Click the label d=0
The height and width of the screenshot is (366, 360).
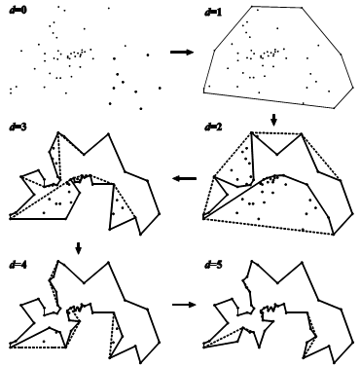click(18, 10)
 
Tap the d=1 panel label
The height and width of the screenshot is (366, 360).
click(213, 12)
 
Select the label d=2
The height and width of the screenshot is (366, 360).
click(213, 127)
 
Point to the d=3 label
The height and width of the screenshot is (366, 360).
click(18, 127)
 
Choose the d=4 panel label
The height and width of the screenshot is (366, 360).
click(18, 265)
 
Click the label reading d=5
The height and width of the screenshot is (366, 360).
click(213, 265)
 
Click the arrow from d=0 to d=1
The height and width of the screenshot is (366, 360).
click(182, 52)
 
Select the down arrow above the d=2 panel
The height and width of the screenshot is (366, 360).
click(274, 120)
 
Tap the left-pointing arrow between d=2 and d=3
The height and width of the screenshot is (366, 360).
click(185, 178)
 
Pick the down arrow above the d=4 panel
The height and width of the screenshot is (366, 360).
click(78, 248)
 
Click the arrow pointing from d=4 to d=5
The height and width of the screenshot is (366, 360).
click(184, 305)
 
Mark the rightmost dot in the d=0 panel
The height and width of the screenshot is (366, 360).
click(160, 88)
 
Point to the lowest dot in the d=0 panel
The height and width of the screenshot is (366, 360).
click(141, 109)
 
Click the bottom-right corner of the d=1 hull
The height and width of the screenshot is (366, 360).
click(334, 108)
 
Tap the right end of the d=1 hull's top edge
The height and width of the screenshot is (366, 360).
click(302, 7)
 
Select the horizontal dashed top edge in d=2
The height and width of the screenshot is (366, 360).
click(276, 132)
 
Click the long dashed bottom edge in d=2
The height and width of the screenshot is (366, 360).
click(269, 226)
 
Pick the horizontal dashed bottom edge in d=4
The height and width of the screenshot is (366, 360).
click(38, 348)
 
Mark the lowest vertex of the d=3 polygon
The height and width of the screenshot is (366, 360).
click(140, 234)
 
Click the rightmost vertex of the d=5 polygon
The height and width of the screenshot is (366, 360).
click(354, 342)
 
